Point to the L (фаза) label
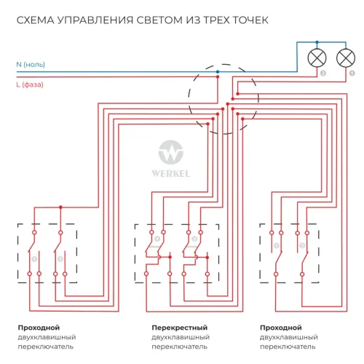point(30,84)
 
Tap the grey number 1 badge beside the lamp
point(352,74)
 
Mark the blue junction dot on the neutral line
point(217,72)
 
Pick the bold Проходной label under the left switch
point(39,328)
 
